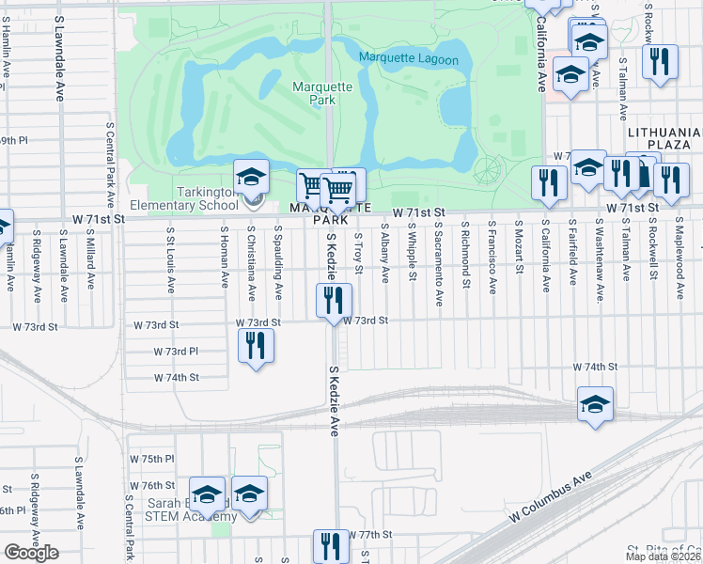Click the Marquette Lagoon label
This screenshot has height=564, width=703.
[408, 60]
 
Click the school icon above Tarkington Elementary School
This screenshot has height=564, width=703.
[252, 177]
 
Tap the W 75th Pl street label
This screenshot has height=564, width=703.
[152, 459]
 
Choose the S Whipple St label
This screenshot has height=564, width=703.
[412, 251]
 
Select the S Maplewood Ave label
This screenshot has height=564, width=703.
[679, 255]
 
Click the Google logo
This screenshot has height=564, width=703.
[31, 553]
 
